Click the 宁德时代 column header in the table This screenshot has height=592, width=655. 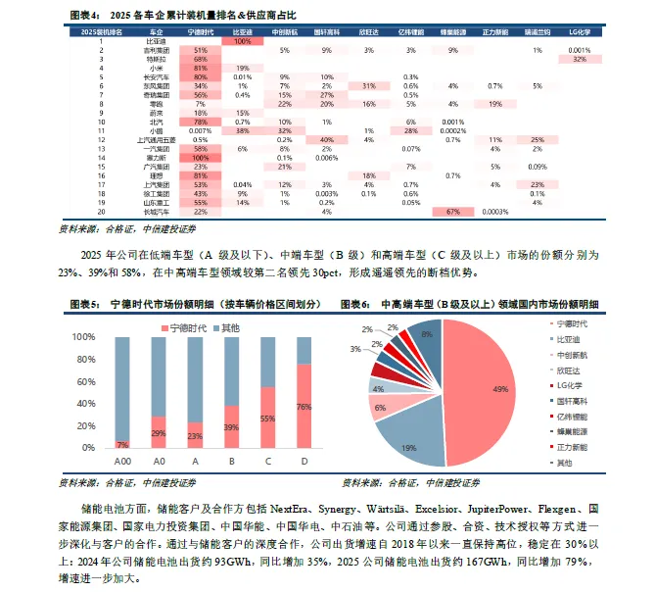point(201,32)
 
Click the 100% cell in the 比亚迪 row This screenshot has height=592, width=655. point(242,41)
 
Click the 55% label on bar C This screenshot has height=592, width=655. point(266,418)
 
